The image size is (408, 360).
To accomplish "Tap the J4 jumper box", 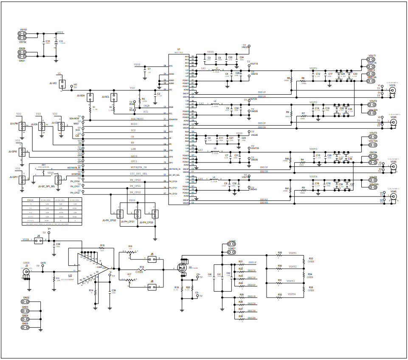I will click(39, 240).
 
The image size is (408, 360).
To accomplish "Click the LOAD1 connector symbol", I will click(232, 252).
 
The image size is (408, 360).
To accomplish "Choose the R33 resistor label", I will click(311, 258).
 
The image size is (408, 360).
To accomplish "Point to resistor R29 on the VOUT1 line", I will click(280, 256).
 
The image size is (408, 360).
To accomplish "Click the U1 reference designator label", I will click(179, 49).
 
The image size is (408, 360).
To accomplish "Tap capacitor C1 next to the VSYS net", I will click(146, 70).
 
